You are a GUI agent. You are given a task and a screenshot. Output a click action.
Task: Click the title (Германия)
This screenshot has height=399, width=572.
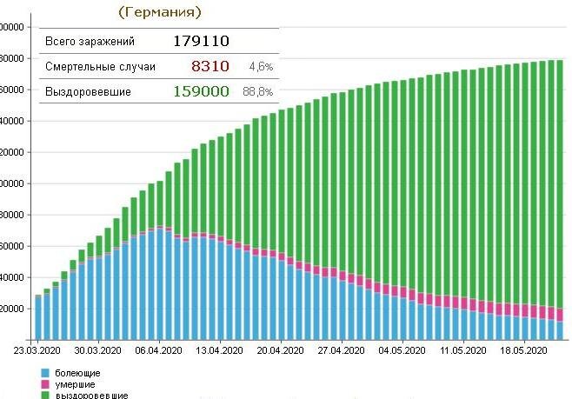click(x=160, y=12)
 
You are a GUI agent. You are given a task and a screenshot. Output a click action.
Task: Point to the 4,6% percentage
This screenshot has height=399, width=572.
click(x=261, y=66)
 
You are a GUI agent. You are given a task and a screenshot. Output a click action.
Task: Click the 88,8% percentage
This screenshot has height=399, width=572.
click(x=261, y=92)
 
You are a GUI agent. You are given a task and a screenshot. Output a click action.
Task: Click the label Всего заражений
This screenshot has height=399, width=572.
click(x=80, y=40)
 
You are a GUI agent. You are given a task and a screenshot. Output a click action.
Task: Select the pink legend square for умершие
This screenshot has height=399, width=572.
click(x=45, y=384)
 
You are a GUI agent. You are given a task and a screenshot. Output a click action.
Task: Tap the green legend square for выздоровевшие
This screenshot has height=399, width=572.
click(x=45, y=395)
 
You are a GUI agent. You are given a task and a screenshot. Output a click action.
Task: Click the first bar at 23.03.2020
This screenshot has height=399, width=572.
click(x=38, y=317)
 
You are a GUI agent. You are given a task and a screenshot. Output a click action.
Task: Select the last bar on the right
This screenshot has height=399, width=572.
click(x=561, y=200)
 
